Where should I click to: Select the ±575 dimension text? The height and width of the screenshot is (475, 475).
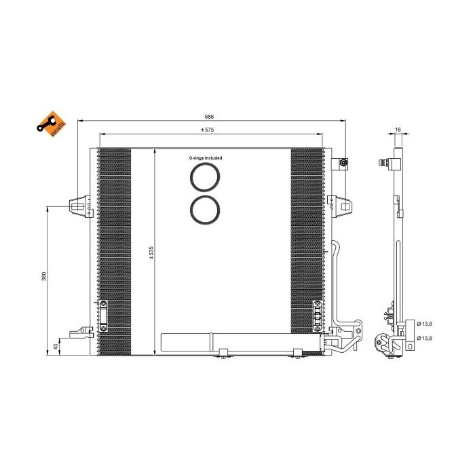click(x=207, y=130)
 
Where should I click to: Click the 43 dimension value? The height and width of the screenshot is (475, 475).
click(x=56, y=347)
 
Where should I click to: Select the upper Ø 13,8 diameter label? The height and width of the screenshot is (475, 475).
click(x=425, y=323)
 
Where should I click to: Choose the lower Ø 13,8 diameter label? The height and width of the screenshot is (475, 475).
click(x=425, y=338)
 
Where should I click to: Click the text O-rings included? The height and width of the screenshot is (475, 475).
click(x=206, y=157)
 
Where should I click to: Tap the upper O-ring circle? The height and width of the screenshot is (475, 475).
click(x=205, y=176)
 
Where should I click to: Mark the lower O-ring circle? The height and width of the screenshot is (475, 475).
click(x=205, y=209)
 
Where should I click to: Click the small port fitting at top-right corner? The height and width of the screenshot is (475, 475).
click(x=343, y=164)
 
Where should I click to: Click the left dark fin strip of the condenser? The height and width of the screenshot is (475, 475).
click(x=114, y=251)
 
